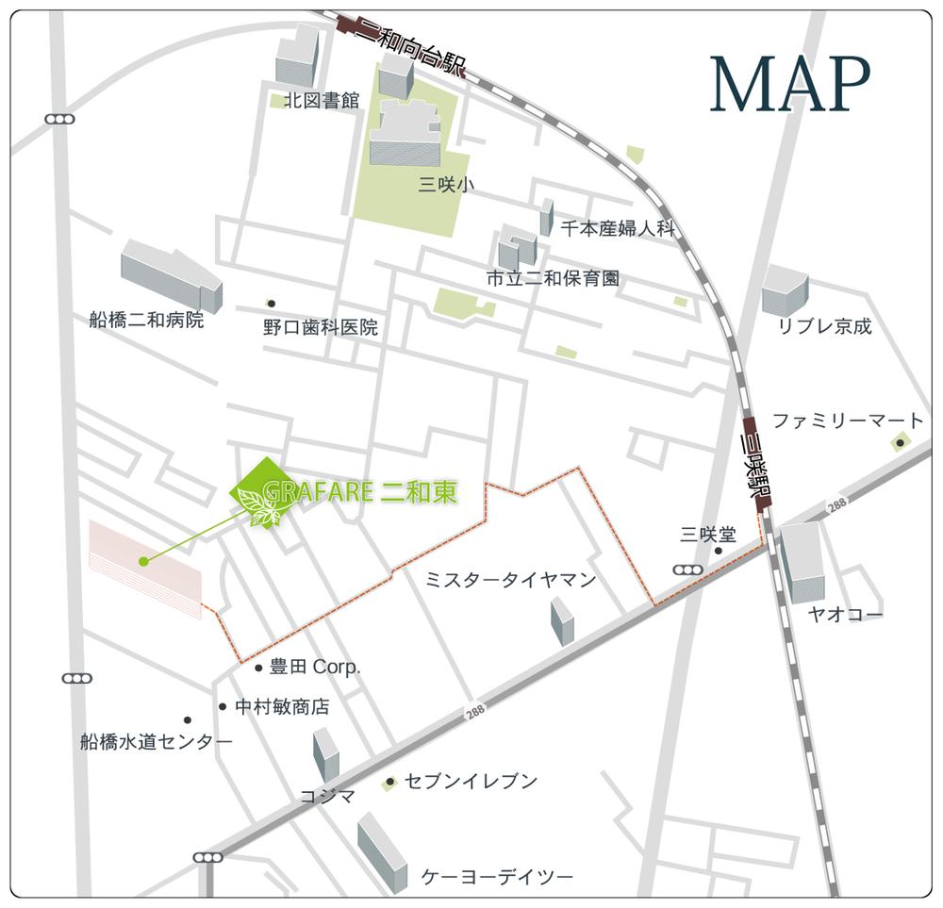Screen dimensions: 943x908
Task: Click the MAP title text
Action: [x=789, y=86]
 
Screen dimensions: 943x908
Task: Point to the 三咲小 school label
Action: [x=445, y=185]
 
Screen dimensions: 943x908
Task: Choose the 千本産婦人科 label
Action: [x=619, y=228]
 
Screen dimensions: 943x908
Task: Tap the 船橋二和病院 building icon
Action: [x=171, y=273]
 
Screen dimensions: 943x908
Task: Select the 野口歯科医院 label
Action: [x=320, y=327]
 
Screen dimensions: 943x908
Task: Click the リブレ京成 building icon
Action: [x=785, y=290]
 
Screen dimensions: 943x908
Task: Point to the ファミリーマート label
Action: [x=848, y=421]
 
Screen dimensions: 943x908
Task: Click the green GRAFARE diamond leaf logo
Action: [x=266, y=492]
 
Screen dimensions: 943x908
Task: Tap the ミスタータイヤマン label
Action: [x=510, y=580]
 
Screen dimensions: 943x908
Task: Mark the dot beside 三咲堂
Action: [x=719, y=551]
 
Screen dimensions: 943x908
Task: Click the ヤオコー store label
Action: [x=845, y=616]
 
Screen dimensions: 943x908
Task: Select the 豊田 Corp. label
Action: [x=315, y=667]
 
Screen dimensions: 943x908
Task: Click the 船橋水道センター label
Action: [x=157, y=742]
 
